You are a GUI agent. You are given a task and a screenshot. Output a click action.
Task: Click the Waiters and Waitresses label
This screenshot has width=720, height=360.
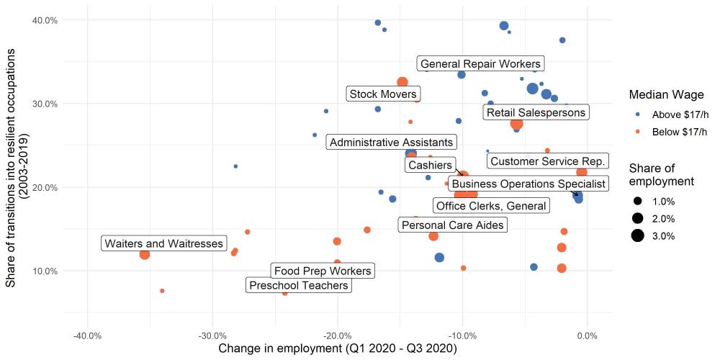tap(164, 243)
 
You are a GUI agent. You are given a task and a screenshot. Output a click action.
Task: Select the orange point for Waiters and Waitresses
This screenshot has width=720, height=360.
tap(145, 254)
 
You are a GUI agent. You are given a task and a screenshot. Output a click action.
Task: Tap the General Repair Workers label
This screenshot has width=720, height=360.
tap(480, 64)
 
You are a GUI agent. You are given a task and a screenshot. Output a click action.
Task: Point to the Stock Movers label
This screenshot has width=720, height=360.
tap(382, 94)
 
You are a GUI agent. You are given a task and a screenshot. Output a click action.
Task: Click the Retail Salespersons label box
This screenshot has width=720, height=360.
tap(536, 112)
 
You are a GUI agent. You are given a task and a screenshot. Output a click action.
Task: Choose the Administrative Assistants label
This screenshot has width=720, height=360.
tap(392, 143)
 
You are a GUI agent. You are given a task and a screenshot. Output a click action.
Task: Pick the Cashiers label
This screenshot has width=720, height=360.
tap(430, 166)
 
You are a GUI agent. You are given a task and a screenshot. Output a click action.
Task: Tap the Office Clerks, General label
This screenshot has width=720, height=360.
tap(491, 206)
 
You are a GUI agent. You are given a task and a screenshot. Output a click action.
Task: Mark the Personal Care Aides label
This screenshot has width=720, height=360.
tap(453, 225)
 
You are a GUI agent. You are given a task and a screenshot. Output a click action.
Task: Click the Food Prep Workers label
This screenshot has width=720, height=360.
tap(323, 271)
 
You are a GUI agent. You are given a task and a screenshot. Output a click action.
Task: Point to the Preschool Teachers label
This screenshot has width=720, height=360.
tap(298, 286)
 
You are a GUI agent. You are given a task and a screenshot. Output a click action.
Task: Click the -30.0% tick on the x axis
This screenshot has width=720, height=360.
tap(212, 336)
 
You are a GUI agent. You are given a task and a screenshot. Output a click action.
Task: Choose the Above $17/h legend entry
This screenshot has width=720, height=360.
tap(679, 114)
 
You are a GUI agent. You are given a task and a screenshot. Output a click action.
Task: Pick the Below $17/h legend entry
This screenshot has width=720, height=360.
tap(679, 131)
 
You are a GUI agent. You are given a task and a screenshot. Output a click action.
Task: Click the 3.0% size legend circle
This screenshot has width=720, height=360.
tap(637, 235)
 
